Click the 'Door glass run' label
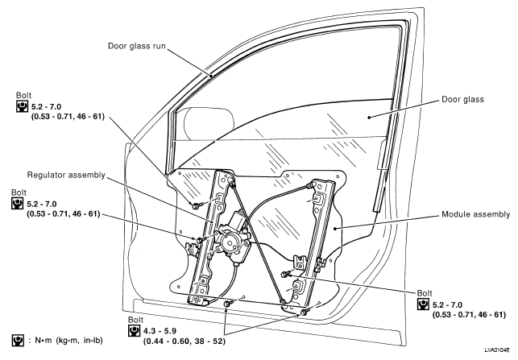coord(136,46)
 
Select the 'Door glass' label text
coord(462,99)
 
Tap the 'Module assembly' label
coord(476,214)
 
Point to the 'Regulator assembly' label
coord(66,175)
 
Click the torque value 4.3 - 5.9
coord(160,331)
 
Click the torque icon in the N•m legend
coord(18,341)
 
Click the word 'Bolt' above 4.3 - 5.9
coord(136,320)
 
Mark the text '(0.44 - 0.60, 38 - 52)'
coord(184,341)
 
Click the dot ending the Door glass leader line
coord(369,117)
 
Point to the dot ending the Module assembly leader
coord(335,228)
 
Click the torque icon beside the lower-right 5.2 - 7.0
coord(423,304)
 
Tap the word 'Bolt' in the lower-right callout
coord(425,293)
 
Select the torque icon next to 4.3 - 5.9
coord(134,330)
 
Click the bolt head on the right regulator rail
coord(284,274)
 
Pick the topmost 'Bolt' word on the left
coord(24,95)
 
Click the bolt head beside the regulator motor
coord(199,240)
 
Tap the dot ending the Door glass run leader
coord(211,76)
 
